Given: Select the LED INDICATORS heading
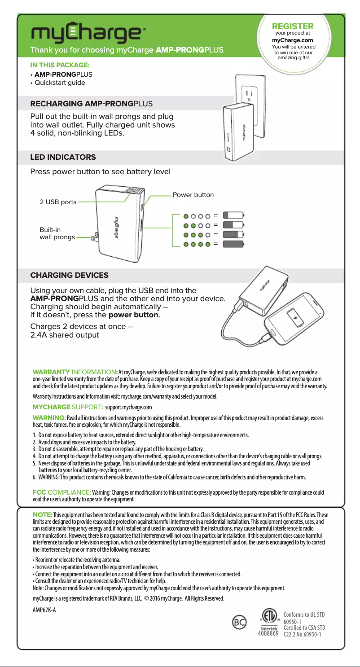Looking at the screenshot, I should pos(62,157).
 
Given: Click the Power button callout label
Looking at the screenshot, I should pos(193,195).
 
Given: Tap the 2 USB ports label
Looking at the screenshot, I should pos(58,202).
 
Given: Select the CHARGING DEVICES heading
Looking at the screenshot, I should pos(69,274).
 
